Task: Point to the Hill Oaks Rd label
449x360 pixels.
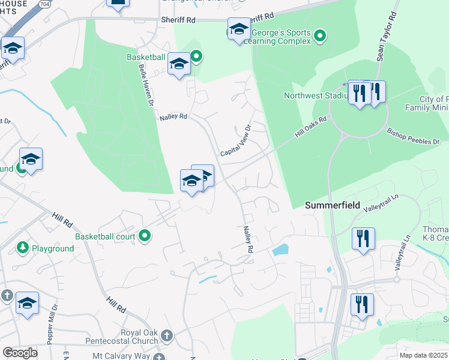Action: pos(310,128)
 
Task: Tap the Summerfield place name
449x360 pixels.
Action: pos(333,205)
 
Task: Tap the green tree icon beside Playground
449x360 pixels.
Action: pos(22,247)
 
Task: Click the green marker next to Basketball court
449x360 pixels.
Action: pos(144,236)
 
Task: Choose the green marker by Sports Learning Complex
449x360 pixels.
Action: pos(320,37)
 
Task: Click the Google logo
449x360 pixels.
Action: pos(20,353)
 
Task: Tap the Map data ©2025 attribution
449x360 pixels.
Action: pos(424,355)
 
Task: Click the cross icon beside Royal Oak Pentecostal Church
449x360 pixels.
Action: pos(167,335)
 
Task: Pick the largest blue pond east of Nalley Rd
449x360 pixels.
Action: pos(280,249)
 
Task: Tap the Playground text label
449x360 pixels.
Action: pos(53,248)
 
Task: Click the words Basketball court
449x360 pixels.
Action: pos(105,236)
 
